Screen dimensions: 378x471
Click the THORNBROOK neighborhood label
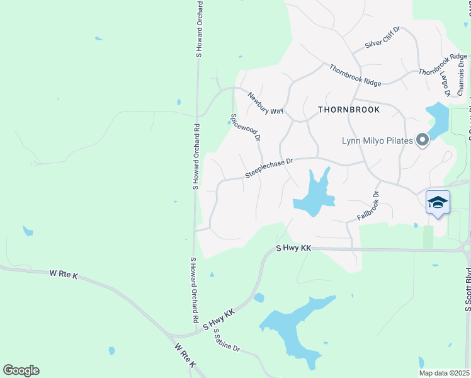click(x=349, y=110)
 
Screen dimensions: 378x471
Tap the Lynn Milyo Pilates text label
click(x=377, y=140)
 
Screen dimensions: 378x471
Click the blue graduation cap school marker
click(x=438, y=202)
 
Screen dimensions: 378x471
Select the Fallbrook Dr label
click(x=369, y=206)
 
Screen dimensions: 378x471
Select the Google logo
click(x=21, y=370)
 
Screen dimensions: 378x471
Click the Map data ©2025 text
click(x=443, y=373)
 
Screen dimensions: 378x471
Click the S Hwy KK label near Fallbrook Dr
click(x=294, y=249)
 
